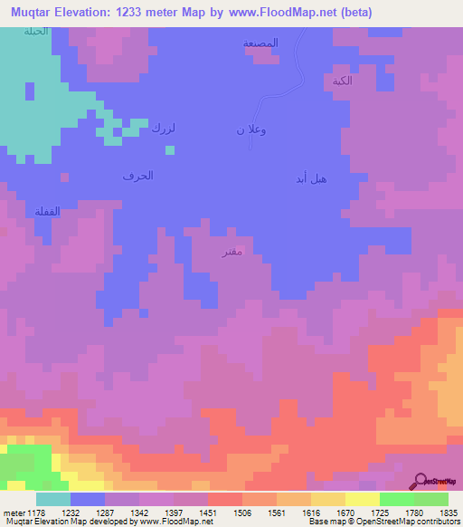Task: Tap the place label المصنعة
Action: [260, 43]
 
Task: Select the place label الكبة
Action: [342, 81]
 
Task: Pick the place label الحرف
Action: [138, 175]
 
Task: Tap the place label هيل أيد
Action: [311, 178]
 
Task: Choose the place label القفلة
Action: [46, 211]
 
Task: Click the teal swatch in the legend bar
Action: [53, 499]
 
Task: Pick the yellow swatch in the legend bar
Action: [363, 499]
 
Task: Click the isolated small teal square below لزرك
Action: [170, 150]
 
